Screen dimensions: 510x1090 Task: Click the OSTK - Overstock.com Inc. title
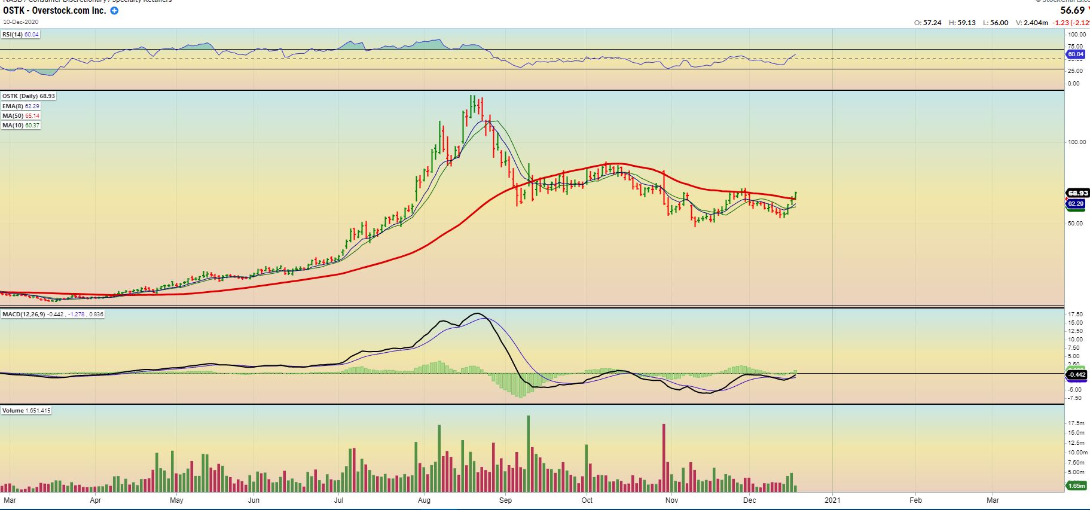click(54, 11)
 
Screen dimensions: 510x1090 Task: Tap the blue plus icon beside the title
click(114, 11)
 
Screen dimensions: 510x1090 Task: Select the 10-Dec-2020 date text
click(21, 22)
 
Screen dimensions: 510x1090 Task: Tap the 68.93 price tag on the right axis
click(1077, 193)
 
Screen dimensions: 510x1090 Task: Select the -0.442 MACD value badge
click(1077, 375)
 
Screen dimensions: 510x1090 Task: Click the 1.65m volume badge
click(1077, 486)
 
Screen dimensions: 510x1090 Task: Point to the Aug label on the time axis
click(425, 500)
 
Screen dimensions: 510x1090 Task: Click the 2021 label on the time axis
click(832, 500)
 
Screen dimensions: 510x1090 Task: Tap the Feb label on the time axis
click(915, 500)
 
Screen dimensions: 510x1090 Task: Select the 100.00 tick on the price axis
click(1076, 142)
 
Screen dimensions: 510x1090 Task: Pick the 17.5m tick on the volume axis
click(1076, 423)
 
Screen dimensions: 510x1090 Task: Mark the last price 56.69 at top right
click(1072, 10)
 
